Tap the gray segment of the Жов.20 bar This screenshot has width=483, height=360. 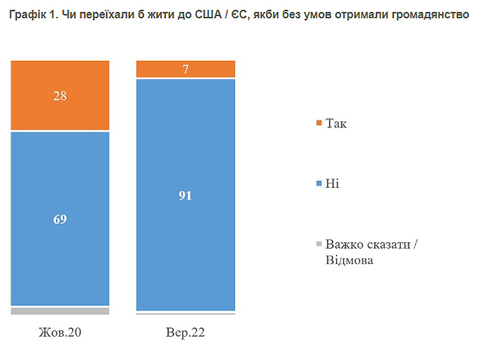(60, 310)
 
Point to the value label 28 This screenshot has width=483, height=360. (60, 95)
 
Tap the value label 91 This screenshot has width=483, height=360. (185, 195)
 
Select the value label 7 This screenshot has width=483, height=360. (185, 69)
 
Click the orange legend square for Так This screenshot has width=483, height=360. (319, 124)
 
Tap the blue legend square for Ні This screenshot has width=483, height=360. (319, 184)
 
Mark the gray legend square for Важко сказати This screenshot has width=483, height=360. (319, 244)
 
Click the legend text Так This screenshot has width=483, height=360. (336, 124)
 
